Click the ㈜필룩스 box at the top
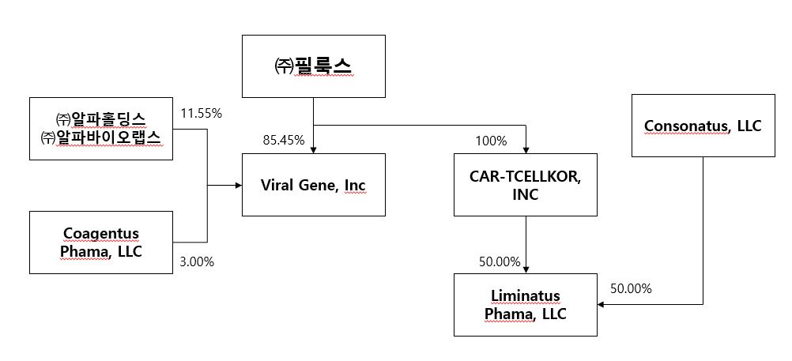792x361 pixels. (x=313, y=66)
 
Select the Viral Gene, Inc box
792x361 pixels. (x=313, y=185)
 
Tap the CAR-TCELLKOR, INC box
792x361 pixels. (x=526, y=185)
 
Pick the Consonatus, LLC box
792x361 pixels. (x=703, y=126)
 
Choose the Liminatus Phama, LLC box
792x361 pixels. (x=526, y=304)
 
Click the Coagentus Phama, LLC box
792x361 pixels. (x=101, y=241)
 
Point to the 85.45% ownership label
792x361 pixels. (x=284, y=141)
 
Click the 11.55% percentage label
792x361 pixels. (x=202, y=113)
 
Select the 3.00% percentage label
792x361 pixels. (x=197, y=261)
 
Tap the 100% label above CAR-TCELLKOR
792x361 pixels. (x=491, y=141)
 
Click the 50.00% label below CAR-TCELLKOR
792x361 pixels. (x=500, y=261)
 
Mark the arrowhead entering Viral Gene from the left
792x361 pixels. (x=237, y=186)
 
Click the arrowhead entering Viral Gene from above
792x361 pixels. (x=314, y=149)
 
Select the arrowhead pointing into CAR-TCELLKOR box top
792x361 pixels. (x=526, y=149)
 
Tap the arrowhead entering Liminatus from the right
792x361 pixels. (x=602, y=304)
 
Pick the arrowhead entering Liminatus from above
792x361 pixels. (x=526, y=269)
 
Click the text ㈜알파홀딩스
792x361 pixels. (x=100, y=118)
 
